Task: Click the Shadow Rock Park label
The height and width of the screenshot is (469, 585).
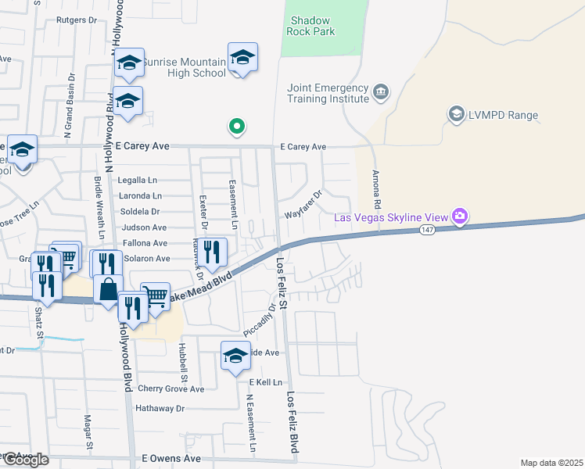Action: (x=311, y=26)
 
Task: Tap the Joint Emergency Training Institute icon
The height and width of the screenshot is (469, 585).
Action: (x=381, y=92)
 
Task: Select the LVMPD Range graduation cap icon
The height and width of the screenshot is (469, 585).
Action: (x=455, y=115)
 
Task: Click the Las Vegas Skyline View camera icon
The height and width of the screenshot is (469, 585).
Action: (x=460, y=216)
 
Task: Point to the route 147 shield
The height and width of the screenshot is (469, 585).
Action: (x=427, y=229)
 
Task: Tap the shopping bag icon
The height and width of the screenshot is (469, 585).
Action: (x=109, y=288)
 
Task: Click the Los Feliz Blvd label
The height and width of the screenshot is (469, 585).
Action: (x=294, y=422)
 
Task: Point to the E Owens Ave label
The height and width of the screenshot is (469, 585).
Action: (x=170, y=459)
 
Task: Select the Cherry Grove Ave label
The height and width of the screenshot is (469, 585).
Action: (x=170, y=388)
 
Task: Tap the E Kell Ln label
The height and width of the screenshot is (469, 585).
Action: (x=265, y=381)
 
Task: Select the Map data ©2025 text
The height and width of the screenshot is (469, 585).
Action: (x=551, y=463)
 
